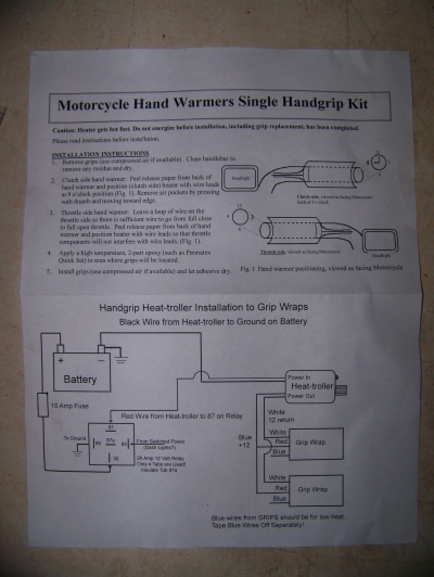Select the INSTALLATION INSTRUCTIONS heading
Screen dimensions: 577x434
pyautogui.click(x=100, y=153)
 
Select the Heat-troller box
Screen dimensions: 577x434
pyautogui.click(x=310, y=386)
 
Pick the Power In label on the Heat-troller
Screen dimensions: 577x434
pyautogui.click(x=299, y=377)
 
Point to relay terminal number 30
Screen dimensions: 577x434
pyautogui.click(x=116, y=458)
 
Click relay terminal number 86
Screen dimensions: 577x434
pyautogui.click(x=99, y=444)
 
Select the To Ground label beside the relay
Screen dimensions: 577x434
pyautogui.click(x=74, y=438)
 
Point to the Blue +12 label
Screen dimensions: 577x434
pyautogui.click(x=245, y=440)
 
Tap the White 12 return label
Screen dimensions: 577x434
pyautogui.click(x=277, y=416)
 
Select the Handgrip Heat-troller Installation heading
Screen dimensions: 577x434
pyautogui.click(x=203, y=307)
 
